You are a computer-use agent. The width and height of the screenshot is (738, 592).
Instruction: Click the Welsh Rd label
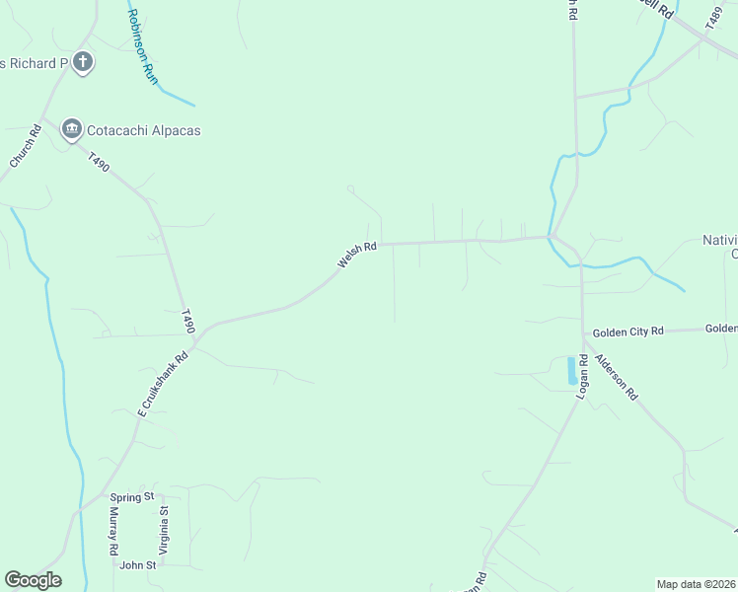(357, 256)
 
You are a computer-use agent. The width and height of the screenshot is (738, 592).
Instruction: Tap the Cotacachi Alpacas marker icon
(71, 129)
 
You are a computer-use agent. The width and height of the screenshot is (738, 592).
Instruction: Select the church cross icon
(83, 63)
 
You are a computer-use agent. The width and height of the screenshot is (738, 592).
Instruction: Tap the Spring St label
(133, 497)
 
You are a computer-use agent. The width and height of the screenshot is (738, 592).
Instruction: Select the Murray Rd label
(114, 533)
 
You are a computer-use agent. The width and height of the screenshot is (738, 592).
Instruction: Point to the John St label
(138, 565)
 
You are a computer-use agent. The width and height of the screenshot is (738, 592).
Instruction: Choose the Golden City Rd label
(627, 332)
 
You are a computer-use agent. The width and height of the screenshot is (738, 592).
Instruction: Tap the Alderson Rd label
(618, 377)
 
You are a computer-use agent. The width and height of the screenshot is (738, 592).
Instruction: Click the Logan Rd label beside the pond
(582, 375)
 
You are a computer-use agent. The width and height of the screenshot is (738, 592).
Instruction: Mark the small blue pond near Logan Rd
(571, 371)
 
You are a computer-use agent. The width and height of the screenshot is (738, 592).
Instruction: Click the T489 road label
(715, 17)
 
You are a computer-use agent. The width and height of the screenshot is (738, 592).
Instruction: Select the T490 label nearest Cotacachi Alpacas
(98, 163)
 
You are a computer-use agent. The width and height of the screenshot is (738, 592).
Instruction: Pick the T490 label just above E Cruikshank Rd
(188, 322)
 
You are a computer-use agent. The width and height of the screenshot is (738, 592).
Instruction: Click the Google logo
(33, 580)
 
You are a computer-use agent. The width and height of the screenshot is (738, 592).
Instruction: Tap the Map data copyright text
(696, 584)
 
